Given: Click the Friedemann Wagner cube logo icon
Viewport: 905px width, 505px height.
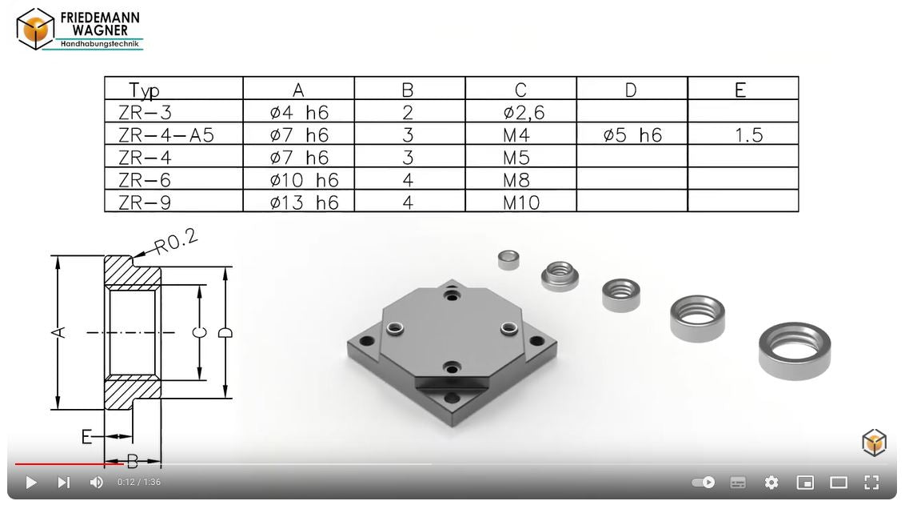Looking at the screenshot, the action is (35, 29).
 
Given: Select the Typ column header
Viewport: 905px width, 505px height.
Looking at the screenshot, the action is (144, 90).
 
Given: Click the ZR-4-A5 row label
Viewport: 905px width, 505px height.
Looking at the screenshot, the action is (166, 134).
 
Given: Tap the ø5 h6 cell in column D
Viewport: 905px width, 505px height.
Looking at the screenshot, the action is (632, 134).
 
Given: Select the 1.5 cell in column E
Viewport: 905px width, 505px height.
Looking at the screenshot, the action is (749, 135).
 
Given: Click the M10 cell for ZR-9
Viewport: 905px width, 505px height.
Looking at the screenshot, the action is (521, 202).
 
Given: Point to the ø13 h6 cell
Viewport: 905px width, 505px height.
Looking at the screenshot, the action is (304, 202).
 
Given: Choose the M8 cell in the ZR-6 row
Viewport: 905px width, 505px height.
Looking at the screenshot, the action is (516, 180).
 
